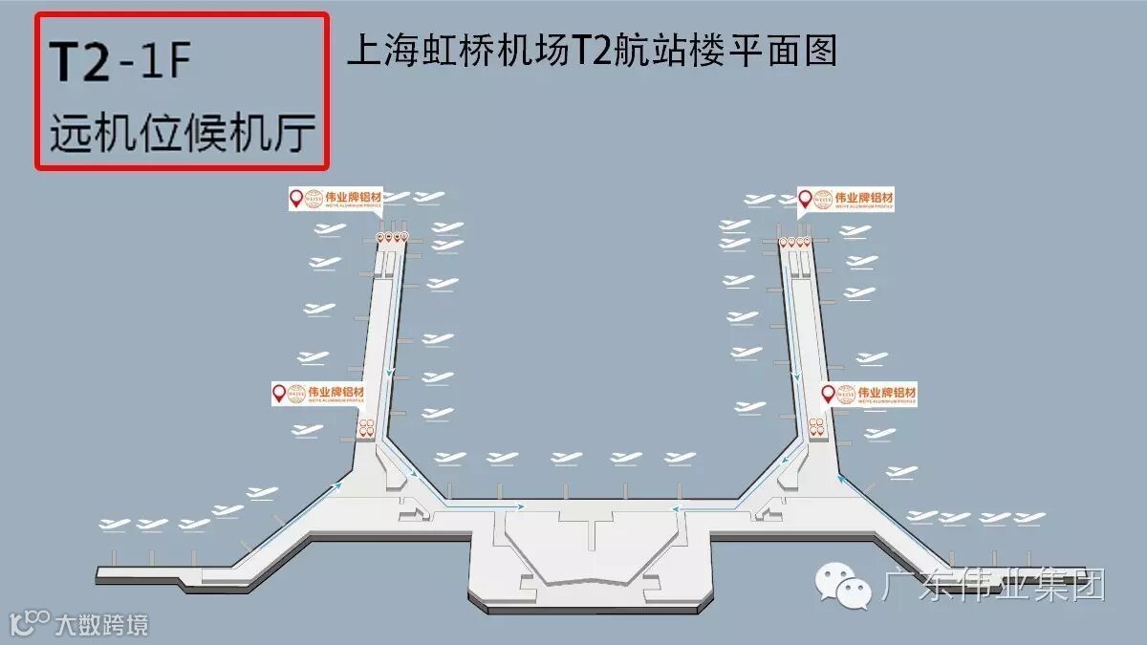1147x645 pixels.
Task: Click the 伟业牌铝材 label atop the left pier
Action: click(335, 198)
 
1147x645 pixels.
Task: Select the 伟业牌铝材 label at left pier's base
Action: click(318, 393)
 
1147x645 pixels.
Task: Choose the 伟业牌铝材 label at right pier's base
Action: click(870, 394)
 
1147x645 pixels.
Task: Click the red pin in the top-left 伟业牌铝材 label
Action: click(296, 198)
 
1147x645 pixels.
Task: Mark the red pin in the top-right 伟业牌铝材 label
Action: click(806, 199)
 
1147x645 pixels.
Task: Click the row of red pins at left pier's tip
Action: click(392, 236)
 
